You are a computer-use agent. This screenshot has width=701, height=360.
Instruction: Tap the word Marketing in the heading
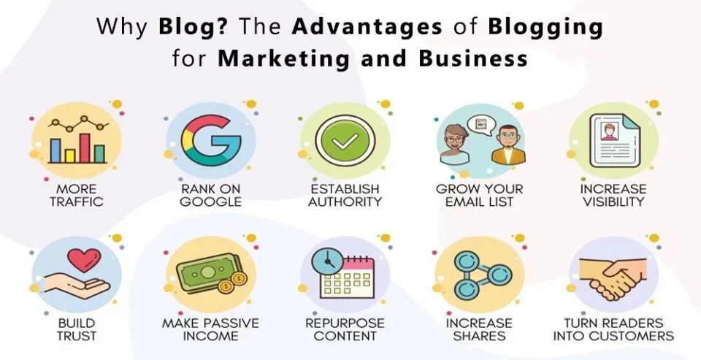(x=281, y=57)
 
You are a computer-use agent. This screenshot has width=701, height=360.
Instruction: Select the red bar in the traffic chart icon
(x=84, y=148)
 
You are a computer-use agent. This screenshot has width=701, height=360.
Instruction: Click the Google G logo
(x=211, y=139)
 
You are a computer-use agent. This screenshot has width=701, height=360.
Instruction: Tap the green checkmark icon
(x=345, y=139)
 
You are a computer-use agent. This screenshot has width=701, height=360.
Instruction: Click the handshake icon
(x=613, y=275)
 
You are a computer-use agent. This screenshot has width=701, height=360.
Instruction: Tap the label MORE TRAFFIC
(x=77, y=195)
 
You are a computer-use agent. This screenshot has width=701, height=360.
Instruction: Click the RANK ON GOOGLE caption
(x=210, y=195)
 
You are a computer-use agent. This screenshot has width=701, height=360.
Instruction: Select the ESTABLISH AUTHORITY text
(x=344, y=195)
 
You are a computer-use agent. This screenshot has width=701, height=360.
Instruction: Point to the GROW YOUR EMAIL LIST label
(x=478, y=195)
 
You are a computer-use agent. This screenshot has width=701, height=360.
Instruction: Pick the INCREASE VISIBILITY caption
(x=613, y=195)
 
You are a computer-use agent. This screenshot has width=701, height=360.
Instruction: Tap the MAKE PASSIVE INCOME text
(x=210, y=329)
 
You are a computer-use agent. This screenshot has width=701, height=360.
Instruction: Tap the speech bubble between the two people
(x=479, y=126)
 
